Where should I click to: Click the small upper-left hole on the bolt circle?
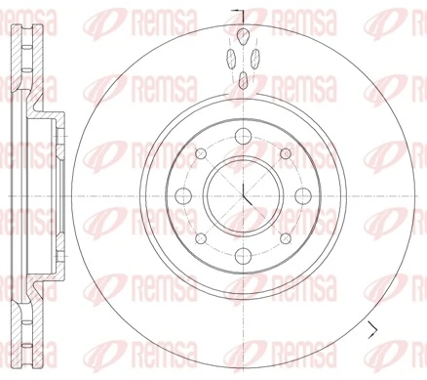200,153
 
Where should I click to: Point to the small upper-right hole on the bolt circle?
284,153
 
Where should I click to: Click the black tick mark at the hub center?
245,196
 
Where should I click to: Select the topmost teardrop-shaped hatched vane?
242,37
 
